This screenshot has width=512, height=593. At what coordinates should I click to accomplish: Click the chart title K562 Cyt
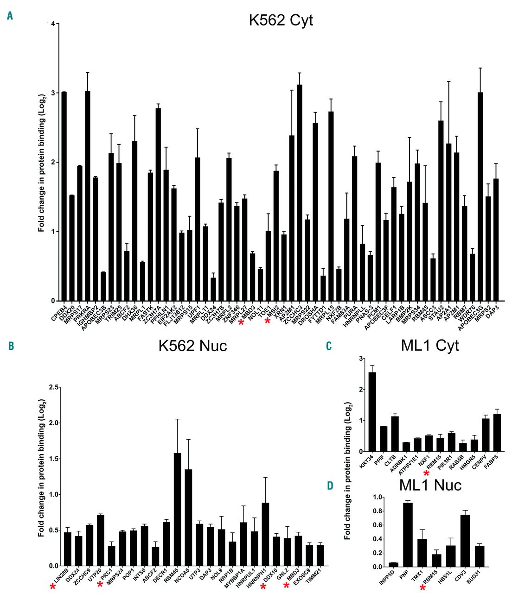click(x=281, y=20)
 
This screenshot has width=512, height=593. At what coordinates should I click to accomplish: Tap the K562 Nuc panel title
click(x=192, y=346)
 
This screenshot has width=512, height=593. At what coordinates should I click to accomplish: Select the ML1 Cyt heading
click(x=431, y=345)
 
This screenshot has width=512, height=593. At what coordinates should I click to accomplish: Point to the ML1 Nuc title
click(x=430, y=485)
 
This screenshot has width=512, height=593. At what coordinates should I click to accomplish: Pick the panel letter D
click(x=330, y=486)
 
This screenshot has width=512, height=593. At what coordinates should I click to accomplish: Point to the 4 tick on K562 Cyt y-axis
click(x=53, y=24)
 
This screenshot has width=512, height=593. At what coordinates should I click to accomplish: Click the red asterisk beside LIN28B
click(x=53, y=587)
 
